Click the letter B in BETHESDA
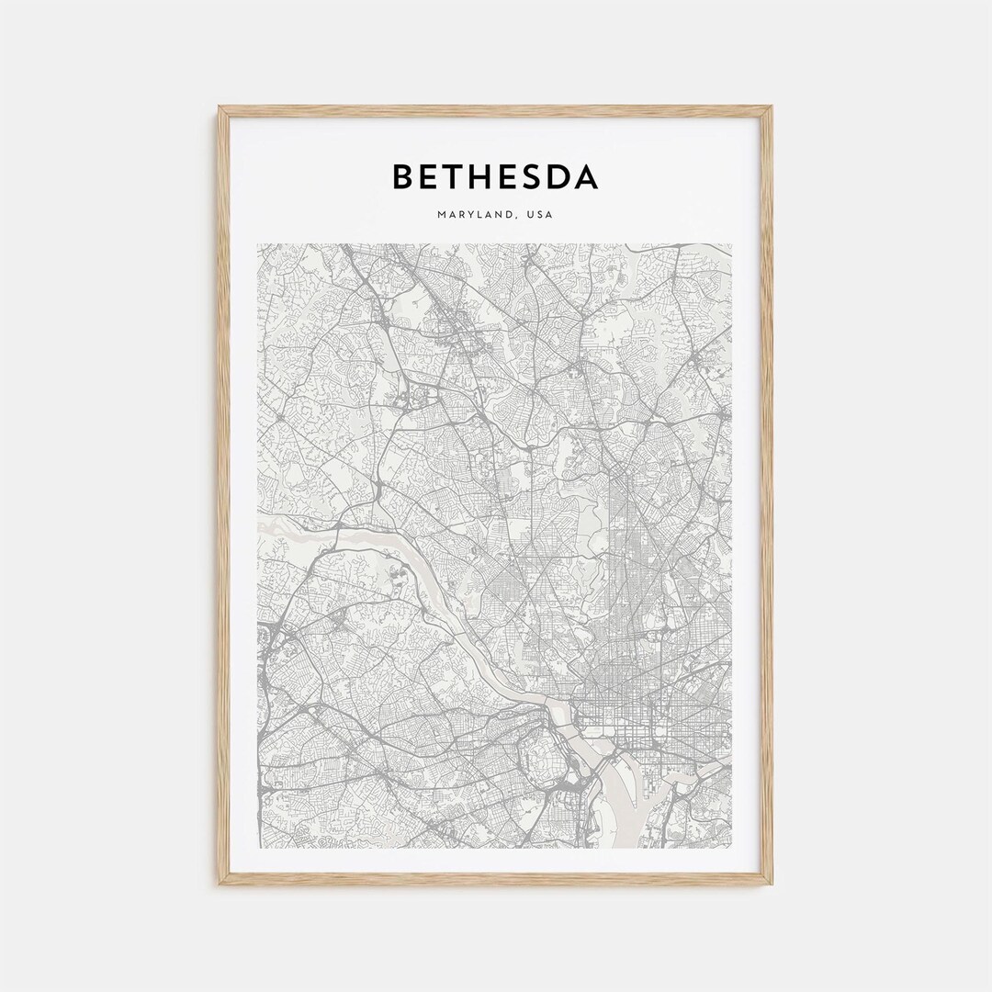[405, 176]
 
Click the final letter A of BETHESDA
[587, 176]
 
